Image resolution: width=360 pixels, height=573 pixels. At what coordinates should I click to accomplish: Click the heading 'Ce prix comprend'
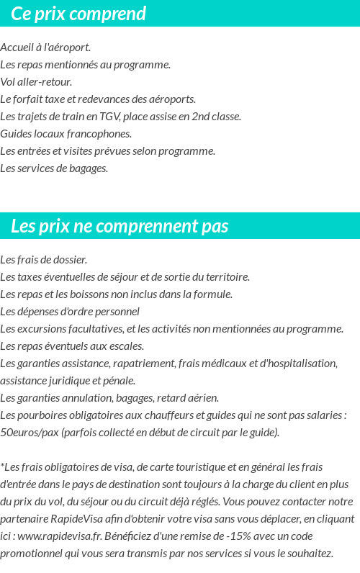78,14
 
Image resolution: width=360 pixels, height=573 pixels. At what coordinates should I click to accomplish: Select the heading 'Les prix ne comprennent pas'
120,226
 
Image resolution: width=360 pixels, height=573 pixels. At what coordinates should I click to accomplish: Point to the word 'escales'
125,346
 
